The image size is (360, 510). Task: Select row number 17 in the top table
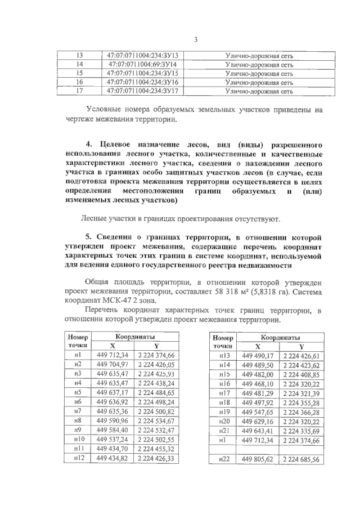click(79, 90)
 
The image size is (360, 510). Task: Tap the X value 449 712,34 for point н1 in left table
click(113, 355)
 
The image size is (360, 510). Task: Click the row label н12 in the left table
click(78, 459)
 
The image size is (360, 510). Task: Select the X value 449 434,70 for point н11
click(113, 449)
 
